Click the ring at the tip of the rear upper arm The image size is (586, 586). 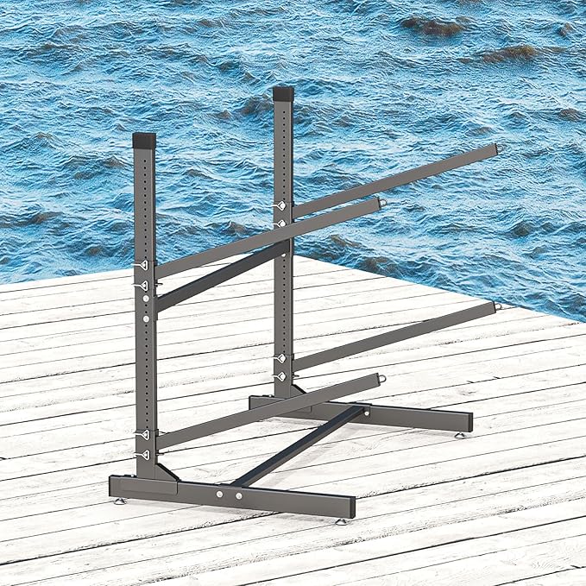498,149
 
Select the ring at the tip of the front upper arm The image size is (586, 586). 382,202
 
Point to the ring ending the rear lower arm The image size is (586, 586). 498,306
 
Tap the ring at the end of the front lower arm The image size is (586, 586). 381,377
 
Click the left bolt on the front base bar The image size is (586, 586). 218,495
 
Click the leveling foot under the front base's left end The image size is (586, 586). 119,501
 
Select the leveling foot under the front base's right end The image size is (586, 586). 341,520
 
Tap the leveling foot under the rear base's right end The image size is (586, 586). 461,434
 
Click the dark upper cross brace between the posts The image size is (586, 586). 223,274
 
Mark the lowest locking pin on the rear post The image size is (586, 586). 280,377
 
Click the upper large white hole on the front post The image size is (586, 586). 145,299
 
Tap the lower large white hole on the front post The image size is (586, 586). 145,318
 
